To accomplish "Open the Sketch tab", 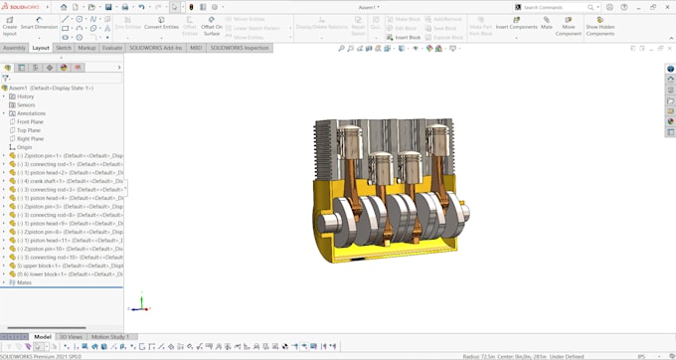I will (64, 48).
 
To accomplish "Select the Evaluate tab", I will (112, 48).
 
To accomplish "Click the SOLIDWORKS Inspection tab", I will (239, 48).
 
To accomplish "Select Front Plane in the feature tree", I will (30, 121).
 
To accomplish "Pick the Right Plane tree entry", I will (30, 138).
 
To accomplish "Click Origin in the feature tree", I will (25, 147).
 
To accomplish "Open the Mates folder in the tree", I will (24, 282).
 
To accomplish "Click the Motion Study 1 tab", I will (110, 337).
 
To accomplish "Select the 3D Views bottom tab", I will (71, 337).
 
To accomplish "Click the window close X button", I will (668, 6).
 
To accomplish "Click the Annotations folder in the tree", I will (31, 113).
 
